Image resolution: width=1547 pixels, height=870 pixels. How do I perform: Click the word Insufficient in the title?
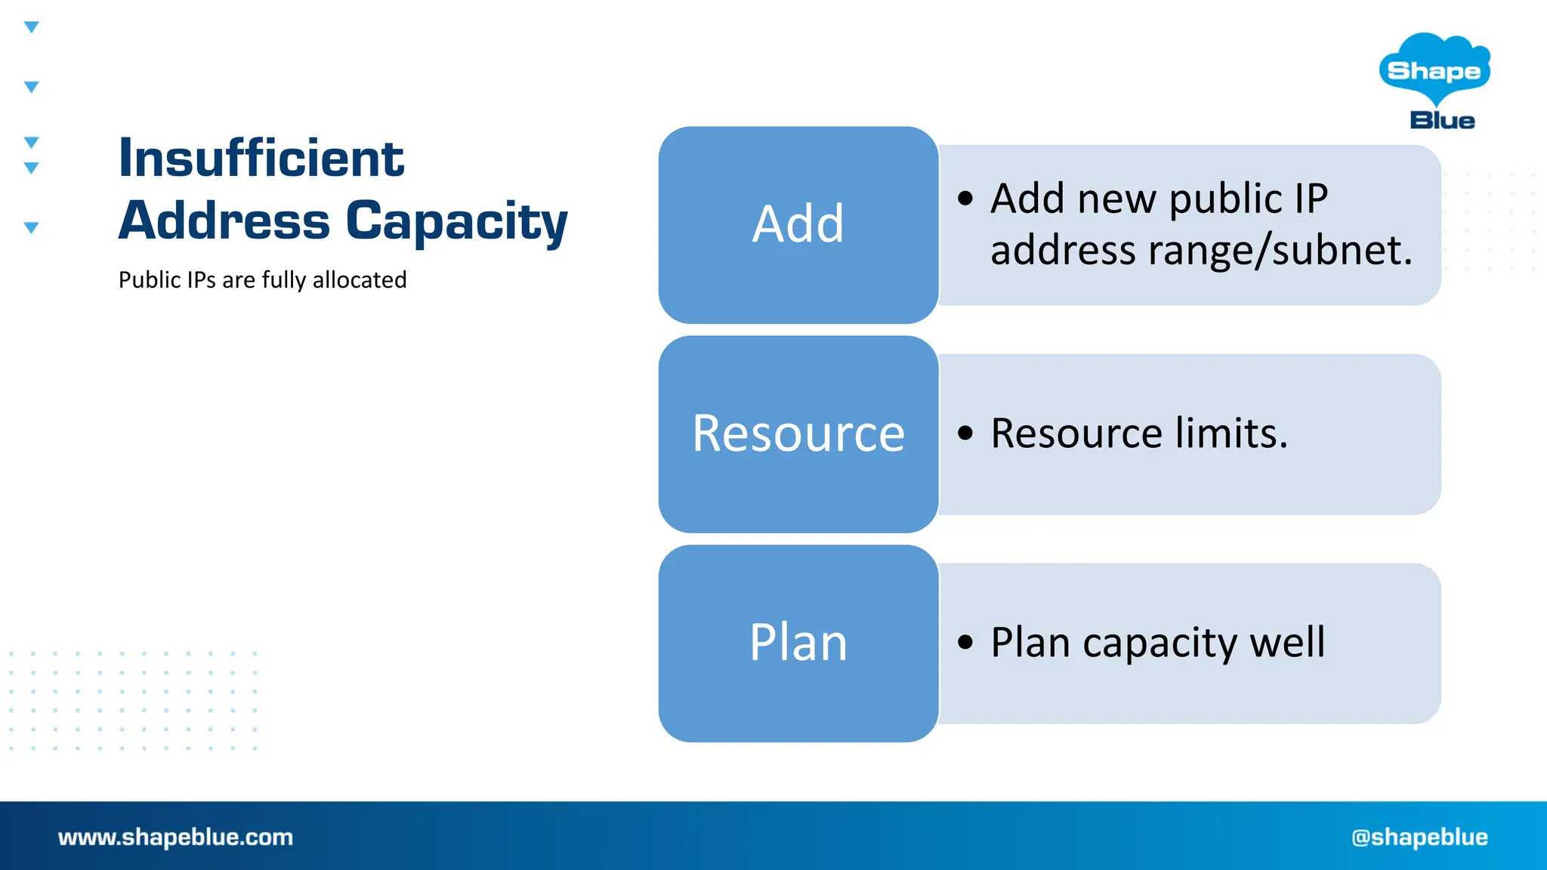[261, 159]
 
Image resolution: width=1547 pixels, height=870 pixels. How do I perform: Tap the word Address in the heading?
[224, 221]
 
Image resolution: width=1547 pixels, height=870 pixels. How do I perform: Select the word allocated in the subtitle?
[360, 280]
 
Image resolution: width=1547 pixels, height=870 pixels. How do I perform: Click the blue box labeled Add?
[798, 225]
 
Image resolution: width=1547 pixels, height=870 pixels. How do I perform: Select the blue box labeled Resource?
[798, 434]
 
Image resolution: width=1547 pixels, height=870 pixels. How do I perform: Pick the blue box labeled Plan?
[798, 643]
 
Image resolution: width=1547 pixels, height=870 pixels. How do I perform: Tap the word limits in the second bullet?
[1231, 433]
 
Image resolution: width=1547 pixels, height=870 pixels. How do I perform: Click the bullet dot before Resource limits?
[965, 433]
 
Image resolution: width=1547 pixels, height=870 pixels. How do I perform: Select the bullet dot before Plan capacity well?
[965, 643]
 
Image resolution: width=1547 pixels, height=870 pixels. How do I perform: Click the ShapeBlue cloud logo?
[1434, 69]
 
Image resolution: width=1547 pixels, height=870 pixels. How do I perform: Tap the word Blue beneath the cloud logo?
[1442, 121]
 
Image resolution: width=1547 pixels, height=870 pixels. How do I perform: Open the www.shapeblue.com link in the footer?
[175, 837]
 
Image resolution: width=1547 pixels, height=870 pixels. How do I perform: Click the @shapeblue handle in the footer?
[1419, 837]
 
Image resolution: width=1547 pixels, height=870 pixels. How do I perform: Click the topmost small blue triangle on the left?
[31, 27]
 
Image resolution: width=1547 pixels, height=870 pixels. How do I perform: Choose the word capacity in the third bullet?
[1159, 643]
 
